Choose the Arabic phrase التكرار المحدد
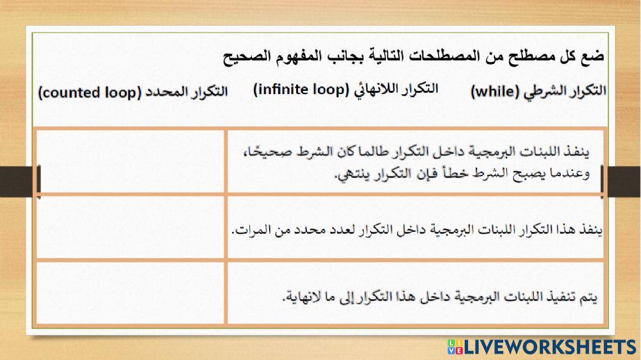(187, 91)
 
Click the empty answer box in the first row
(131, 161)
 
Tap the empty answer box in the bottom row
(131, 293)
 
